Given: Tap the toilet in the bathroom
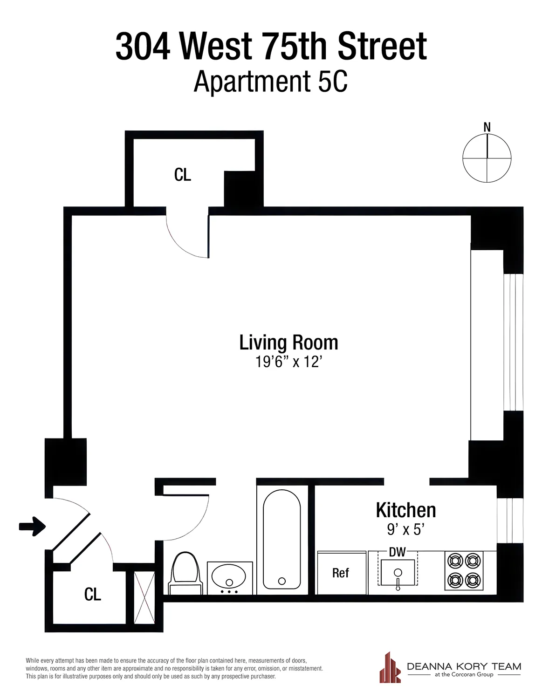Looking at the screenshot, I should point(186,573).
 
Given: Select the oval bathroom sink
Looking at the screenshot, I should point(229,577).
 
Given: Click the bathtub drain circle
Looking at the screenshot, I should point(281,581).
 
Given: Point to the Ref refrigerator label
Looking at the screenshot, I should point(340,573).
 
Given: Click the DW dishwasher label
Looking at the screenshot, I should point(397,552).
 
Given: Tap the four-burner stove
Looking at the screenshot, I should point(464,570).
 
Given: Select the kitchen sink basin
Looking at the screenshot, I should point(398,573).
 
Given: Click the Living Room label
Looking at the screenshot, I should point(288,343).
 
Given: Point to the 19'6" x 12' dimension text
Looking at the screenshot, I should point(288,362).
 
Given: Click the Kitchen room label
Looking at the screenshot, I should point(406,510).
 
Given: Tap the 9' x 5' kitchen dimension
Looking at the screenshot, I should point(405,529).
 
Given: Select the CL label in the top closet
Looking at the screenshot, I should point(182,175).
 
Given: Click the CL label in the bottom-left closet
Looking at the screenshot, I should point(92,594).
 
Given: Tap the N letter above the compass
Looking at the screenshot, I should point(487,127).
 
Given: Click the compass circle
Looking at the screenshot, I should point(487,158).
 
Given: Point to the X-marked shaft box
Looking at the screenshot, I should point(144,597).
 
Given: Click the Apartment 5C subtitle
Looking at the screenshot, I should point(271,82).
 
